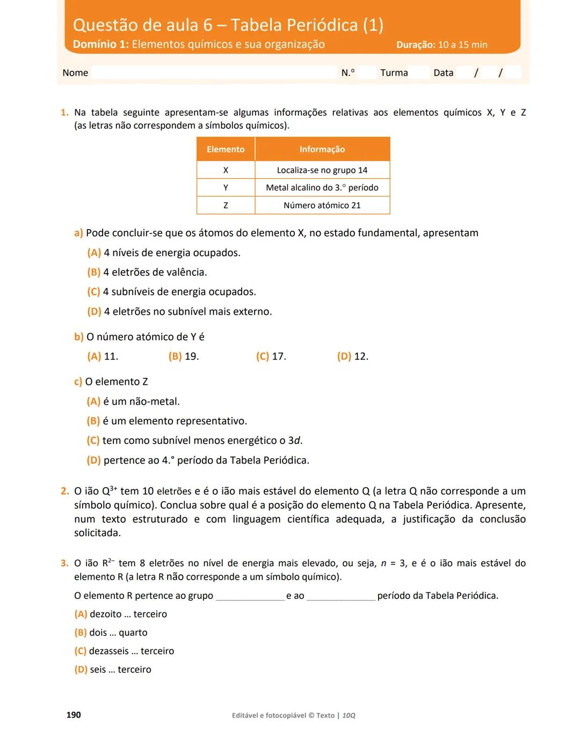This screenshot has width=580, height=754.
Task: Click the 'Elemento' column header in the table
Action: click(226, 149)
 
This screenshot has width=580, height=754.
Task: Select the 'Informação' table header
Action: click(322, 149)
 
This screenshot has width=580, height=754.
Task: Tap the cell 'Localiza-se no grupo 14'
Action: click(322, 170)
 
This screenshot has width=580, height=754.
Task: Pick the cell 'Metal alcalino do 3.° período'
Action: click(322, 188)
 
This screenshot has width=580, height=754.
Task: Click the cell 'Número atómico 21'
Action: click(322, 206)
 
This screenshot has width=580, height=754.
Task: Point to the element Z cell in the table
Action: click(226, 206)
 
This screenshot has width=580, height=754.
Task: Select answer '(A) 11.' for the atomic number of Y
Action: click(103, 356)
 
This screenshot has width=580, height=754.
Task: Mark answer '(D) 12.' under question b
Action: click(353, 356)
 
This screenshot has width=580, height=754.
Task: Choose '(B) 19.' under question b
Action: click(184, 356)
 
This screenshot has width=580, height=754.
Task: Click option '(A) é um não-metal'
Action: click(133, 401)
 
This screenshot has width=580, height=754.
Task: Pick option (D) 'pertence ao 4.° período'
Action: click(198, 460)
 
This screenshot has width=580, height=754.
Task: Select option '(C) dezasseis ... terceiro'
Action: click(124, 651)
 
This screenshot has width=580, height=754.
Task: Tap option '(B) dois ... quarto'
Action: click(111, 633)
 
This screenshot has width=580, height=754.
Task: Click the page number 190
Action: click(74, 715)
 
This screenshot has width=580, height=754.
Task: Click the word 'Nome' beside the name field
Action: click(75, 73)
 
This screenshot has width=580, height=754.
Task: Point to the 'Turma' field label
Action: click(394, 73)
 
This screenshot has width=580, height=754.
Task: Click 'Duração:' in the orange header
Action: click(416, 45)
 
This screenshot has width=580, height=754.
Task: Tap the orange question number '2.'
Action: click(64, 491)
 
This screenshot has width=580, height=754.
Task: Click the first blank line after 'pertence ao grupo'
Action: click(250, 597)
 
